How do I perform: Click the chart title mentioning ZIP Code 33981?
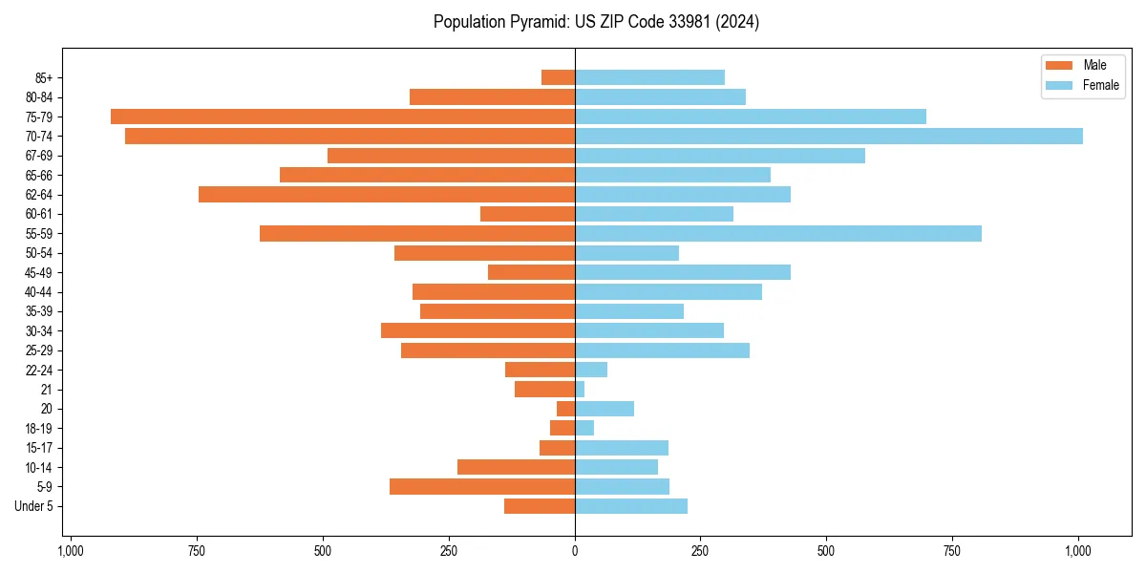tap(596, 22)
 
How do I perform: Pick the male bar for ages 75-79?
tap(343, 117)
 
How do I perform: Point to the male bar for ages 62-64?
tap(387, 195)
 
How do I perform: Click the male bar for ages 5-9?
tap(482, 487)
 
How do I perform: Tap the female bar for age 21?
tap(580, 390)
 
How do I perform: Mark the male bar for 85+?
tap(558, 77)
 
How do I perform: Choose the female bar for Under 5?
tap(631, 506)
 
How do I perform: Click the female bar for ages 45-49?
tap(683, 273)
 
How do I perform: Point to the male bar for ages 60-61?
tap(527, 214)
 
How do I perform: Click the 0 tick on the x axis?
tap(575, 551)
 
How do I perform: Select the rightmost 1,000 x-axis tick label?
tap(1078, 551)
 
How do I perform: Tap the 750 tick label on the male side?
tap(197, 551)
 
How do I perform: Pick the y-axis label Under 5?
tap(33, 506)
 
